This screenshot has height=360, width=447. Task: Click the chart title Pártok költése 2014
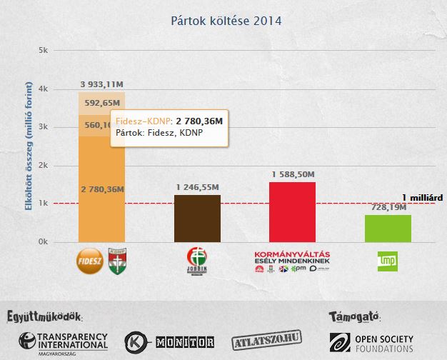tap(226, 21)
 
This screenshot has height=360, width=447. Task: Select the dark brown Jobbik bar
tap(197, 218)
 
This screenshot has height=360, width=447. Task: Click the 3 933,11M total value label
tap(101, 84)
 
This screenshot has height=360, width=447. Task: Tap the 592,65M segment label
tap(101, 102)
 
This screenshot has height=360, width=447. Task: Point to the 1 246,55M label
tap(197, 186)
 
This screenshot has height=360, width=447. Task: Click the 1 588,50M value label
tap(293, 174)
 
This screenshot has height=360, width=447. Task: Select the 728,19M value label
tap(387, 207)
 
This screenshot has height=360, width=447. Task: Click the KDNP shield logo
tap(116, 260)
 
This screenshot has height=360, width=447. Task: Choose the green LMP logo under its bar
tap(388, 261)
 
